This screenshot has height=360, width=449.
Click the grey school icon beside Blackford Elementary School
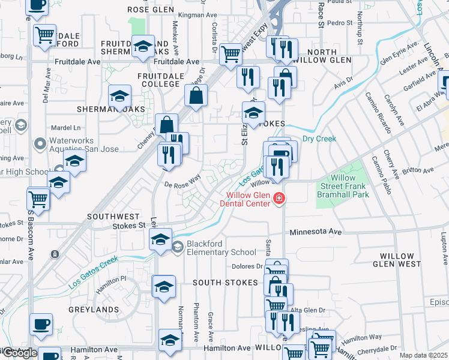(x=178, y=247)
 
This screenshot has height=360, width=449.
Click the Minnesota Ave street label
(x=315, y=232)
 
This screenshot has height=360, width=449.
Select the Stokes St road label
(x=129, y=226)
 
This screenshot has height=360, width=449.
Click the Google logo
(x=19, y=353)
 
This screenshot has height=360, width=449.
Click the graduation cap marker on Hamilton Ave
(x=170, y=340)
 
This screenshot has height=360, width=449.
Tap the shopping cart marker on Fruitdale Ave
(x=231, y=54)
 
